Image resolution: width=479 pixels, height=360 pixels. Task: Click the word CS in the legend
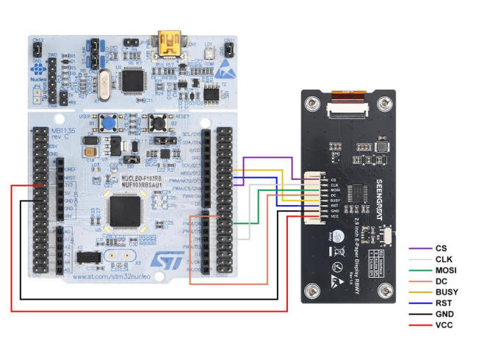coord(441,249)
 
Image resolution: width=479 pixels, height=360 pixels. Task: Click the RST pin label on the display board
coord(334,206)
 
